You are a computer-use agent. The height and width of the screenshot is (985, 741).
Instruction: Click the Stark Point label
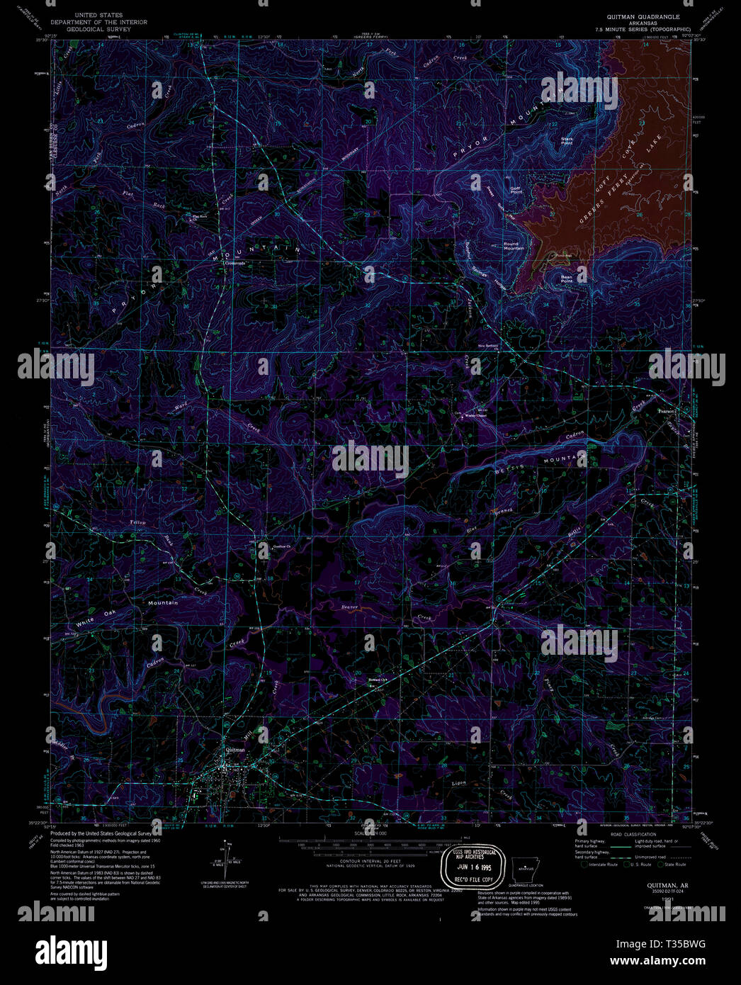coord(566,141)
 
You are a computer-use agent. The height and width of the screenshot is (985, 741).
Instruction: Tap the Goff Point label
coord(516,191)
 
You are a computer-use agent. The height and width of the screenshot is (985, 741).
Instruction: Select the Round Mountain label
coord(514,246)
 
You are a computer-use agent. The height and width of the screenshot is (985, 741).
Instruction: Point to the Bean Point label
coord(566,279)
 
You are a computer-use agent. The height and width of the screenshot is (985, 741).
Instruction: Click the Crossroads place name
coord(234,263)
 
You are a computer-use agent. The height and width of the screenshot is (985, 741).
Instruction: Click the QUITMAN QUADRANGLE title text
coord(643,16)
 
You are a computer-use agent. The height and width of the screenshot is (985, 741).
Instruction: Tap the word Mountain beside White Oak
coord(162,603)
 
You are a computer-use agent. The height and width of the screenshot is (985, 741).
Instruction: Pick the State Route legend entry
coord(674,865)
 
